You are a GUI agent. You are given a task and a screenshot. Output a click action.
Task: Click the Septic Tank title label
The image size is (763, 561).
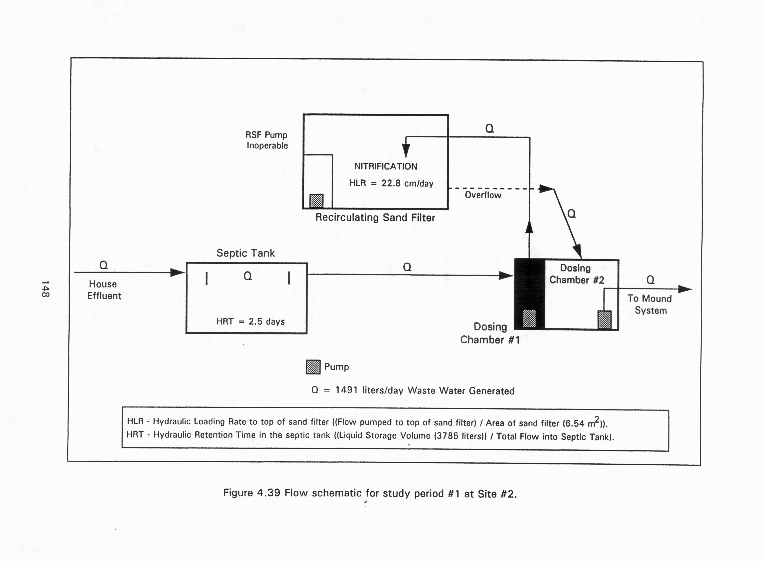click(246, 253)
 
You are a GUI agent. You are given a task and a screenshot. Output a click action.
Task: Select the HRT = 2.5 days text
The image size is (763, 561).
click(250, 321)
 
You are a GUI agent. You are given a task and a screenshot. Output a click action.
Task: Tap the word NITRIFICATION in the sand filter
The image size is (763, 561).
click(386, 167)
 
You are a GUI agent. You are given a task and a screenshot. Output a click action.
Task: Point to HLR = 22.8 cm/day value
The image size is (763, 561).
click(391, 183)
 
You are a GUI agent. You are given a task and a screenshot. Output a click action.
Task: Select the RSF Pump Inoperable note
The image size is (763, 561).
click(267, 140)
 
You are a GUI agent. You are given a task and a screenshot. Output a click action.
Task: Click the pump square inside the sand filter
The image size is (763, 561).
click(316, 201)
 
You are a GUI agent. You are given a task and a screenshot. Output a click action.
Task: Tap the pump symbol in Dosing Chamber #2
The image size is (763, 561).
click(604, 319)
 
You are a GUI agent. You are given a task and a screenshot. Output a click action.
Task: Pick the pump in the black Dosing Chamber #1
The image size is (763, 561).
click(529, 318)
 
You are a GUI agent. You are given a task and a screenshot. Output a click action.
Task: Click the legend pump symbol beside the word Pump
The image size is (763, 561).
click(313, 367)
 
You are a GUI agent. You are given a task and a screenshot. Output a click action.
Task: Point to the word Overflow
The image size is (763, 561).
click(483, 195)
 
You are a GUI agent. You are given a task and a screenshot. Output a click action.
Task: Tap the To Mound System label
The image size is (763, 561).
click(650, 304)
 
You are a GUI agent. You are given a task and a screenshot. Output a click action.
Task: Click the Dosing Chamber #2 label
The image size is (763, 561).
click(576, 274)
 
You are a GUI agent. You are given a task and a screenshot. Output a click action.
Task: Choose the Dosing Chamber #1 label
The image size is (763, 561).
click(490, 333)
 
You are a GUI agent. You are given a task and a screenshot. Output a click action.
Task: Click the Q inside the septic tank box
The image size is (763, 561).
click(248, 276)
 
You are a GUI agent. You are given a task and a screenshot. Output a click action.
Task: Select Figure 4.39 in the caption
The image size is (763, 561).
click(252, 493)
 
